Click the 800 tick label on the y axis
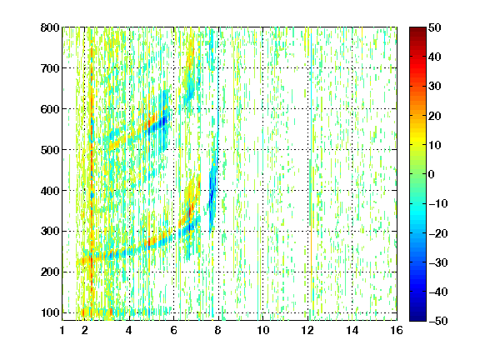50,27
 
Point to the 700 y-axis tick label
50,68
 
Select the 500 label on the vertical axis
50,150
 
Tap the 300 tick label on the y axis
50,232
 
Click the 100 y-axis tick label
51,312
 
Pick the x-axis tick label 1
62,330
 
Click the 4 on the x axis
129,330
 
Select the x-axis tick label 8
218,330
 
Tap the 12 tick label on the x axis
307,330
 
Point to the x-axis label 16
397,330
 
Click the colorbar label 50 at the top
434,27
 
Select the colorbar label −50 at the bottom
438,321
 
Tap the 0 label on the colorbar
431,174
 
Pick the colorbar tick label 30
434,87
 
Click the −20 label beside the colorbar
438,233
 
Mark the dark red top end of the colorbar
417,29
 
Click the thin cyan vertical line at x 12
311,122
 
